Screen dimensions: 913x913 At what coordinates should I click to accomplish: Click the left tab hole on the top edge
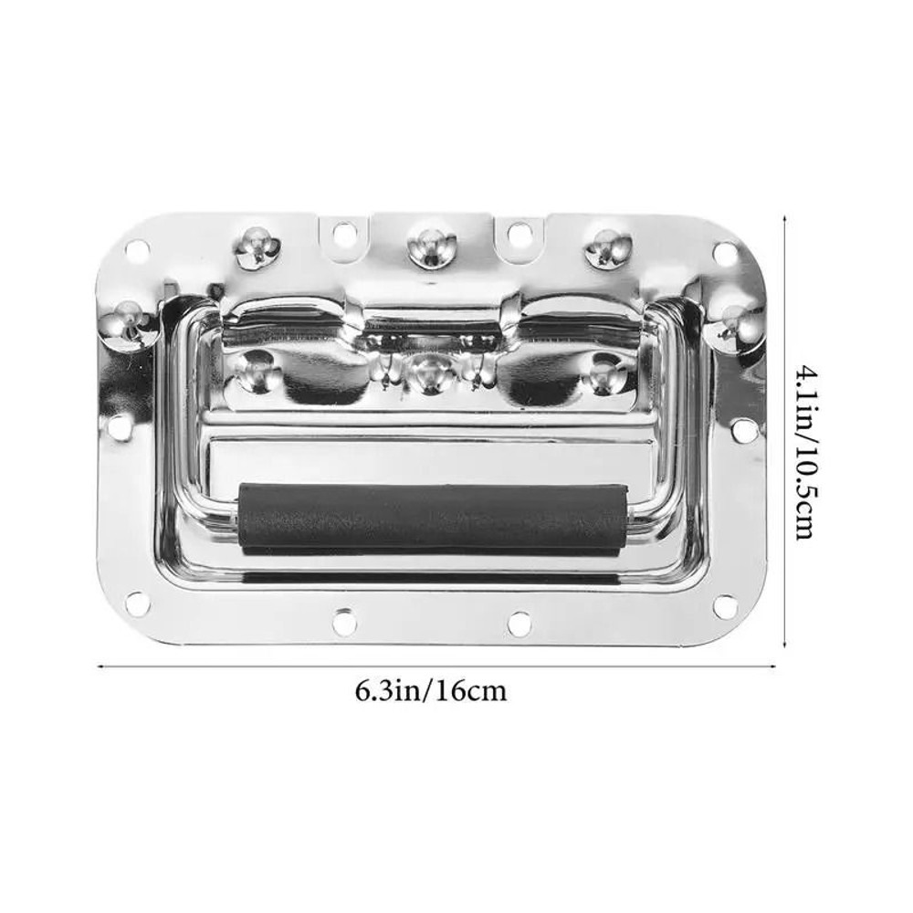(x=342, y=235)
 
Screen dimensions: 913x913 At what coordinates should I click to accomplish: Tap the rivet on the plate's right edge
(x=736, y=316)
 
